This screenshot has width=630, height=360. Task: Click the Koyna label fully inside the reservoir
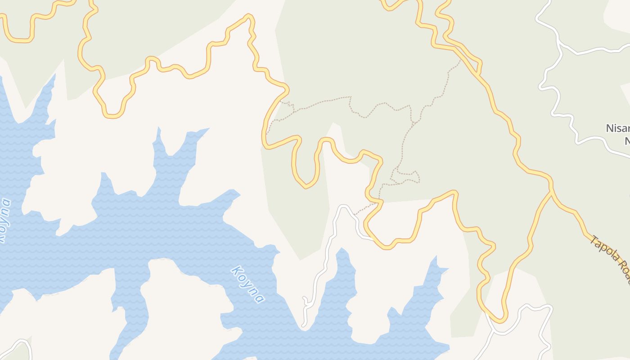247,284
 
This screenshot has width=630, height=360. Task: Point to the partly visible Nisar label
617,128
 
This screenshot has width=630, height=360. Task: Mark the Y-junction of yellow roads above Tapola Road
551,192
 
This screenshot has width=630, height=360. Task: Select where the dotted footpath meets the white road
355,214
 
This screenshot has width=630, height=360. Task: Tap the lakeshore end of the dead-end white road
304,325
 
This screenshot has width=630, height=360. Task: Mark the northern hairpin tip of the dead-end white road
344,207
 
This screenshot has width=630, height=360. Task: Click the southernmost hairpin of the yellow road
499,320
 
